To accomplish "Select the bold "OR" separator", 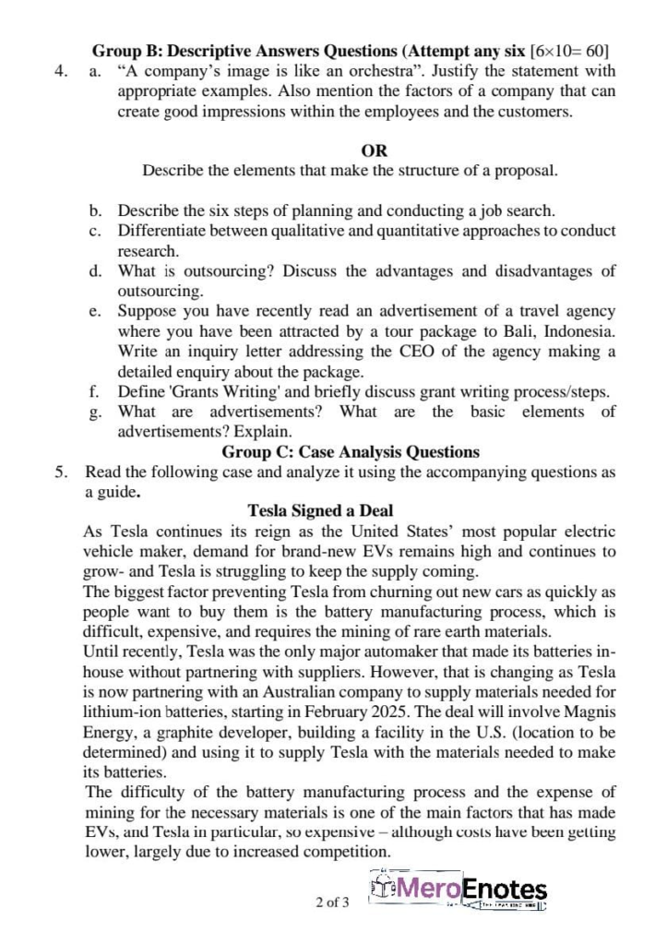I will (x=375, y=150).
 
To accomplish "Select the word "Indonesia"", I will (x=574, y=331).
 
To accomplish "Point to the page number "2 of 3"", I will (x=333, y=902).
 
